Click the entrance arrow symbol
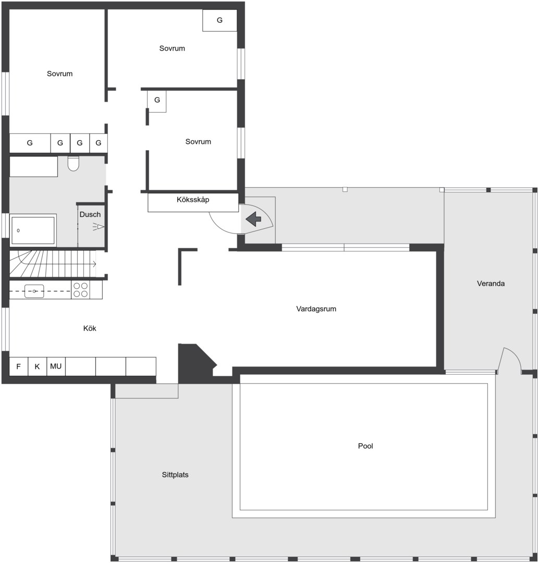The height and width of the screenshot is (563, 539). [253, 218]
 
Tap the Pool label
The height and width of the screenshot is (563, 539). [365, 446]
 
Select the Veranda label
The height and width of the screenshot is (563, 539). [491, 284]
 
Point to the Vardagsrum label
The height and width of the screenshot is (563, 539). [316, 309]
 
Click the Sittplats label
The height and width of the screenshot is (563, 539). [175, 475]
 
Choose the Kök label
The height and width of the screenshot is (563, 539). [90, 328]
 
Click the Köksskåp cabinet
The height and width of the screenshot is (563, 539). [193, 202]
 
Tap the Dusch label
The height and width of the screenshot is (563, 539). [90, 214]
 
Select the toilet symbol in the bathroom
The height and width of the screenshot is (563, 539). [73, 163]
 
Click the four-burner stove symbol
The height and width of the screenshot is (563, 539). [80, 290]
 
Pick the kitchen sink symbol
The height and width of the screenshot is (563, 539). [34, 291]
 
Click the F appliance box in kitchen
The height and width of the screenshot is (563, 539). [19, 366]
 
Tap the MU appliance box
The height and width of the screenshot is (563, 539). [56, 366]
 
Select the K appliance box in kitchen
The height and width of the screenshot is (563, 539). [38, 366]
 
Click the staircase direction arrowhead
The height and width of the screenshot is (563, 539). [94, 264]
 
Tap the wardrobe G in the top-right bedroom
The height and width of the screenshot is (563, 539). [220, 20]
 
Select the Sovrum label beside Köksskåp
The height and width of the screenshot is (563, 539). [198, 142]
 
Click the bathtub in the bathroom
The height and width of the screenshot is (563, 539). [33, 230]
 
